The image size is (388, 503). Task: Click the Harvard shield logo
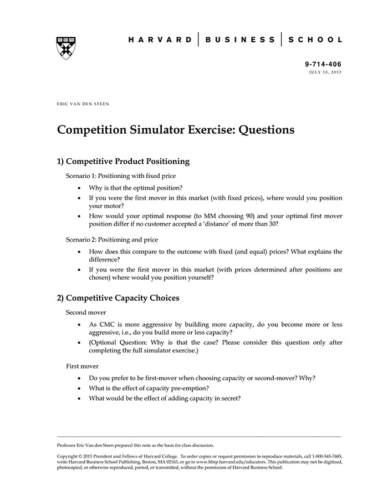click(66, 48)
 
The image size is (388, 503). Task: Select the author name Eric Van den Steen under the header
click(83, 104)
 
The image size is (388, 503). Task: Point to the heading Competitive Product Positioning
click(123, 162)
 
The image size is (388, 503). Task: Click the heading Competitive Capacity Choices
click(118, 298)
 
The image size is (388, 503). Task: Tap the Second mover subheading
click(86, 313)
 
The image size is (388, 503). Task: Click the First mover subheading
click(82, 366)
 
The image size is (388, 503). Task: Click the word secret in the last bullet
click(229, 398)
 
